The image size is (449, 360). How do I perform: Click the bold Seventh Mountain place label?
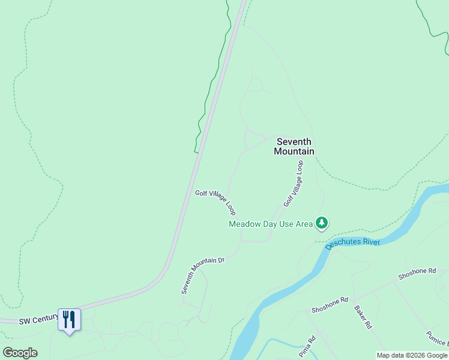pos(294,146)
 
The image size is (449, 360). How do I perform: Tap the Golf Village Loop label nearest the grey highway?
pos(215,202)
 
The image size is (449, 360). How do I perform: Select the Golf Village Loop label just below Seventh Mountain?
pos(294,184)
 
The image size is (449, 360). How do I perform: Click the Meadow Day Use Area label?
pos(271,224)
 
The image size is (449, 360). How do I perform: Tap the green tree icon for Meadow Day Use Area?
pos(322,223)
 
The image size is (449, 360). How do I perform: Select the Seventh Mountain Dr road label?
pos(203,275)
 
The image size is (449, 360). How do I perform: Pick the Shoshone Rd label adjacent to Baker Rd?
pos(330,304)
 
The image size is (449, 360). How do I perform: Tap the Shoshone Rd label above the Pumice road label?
pos(417,274)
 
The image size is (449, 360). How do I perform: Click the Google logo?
pos(20,353)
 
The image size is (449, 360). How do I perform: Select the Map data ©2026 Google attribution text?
pos(412,355)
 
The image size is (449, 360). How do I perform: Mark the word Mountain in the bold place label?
pos(294,151)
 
